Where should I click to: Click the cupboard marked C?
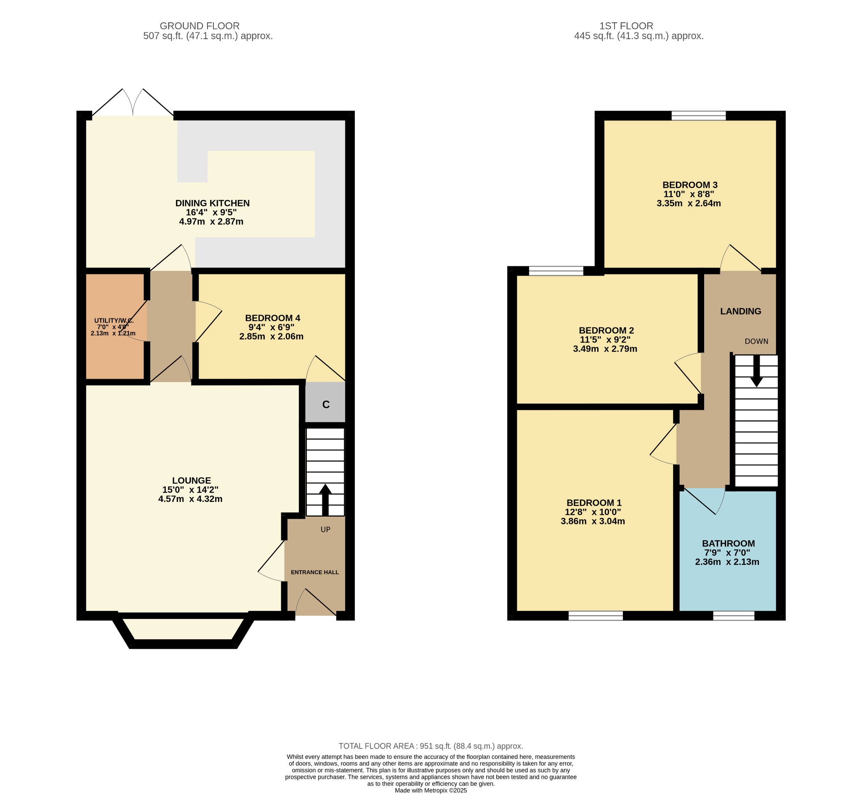coord(325,404)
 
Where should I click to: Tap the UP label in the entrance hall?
coord(325,530)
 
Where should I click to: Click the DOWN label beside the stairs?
coord(756,341)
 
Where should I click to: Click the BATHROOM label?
coord(728,544)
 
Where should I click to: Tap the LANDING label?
coord(740,311)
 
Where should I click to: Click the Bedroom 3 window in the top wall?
coord(698,115)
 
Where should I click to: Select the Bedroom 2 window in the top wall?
coord(556,271)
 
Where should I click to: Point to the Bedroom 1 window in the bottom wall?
coord(596,616)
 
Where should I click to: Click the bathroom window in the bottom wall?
coord(734,616)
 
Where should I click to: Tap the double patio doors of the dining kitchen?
coord(133,103)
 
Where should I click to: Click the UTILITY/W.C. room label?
coord(114,321)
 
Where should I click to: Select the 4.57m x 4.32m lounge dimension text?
coord(190,499)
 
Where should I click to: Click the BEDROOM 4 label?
coord(272,318)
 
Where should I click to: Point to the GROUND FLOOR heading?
coord(200,26)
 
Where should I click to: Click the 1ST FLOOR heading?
coord(626,26)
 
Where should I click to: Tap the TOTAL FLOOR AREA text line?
coord(431,746)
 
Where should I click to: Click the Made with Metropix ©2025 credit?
coord(431,790)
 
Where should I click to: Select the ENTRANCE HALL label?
coord(314,572)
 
